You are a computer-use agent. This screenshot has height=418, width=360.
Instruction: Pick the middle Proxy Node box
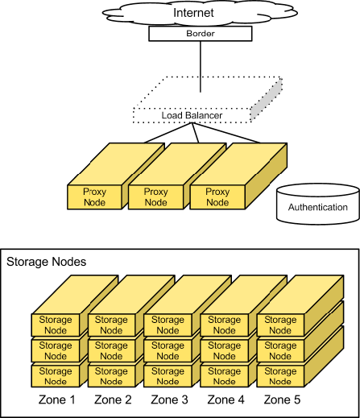point(155,197)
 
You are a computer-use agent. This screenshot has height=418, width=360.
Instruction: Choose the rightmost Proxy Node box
point(217,197)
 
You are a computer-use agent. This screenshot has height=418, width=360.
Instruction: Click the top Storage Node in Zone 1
point(56,325)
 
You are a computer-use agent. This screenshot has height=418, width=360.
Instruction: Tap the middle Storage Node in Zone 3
point(168,350)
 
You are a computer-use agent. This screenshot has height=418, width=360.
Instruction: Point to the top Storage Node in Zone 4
point(225,325)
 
